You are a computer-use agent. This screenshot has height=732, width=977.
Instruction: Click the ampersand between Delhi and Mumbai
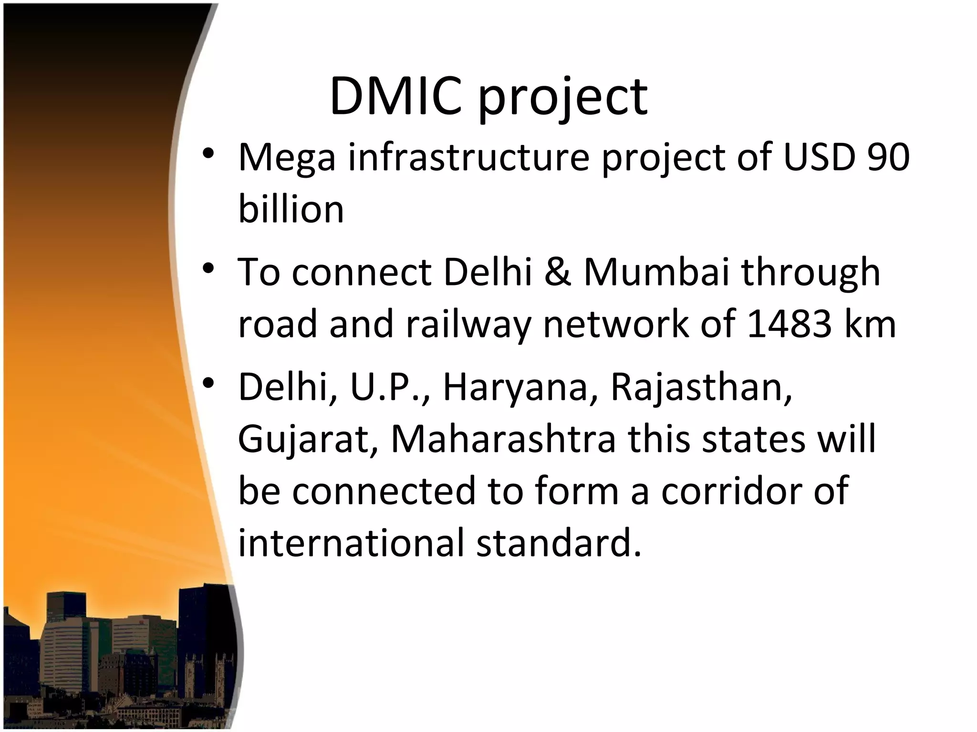point(557,272)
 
